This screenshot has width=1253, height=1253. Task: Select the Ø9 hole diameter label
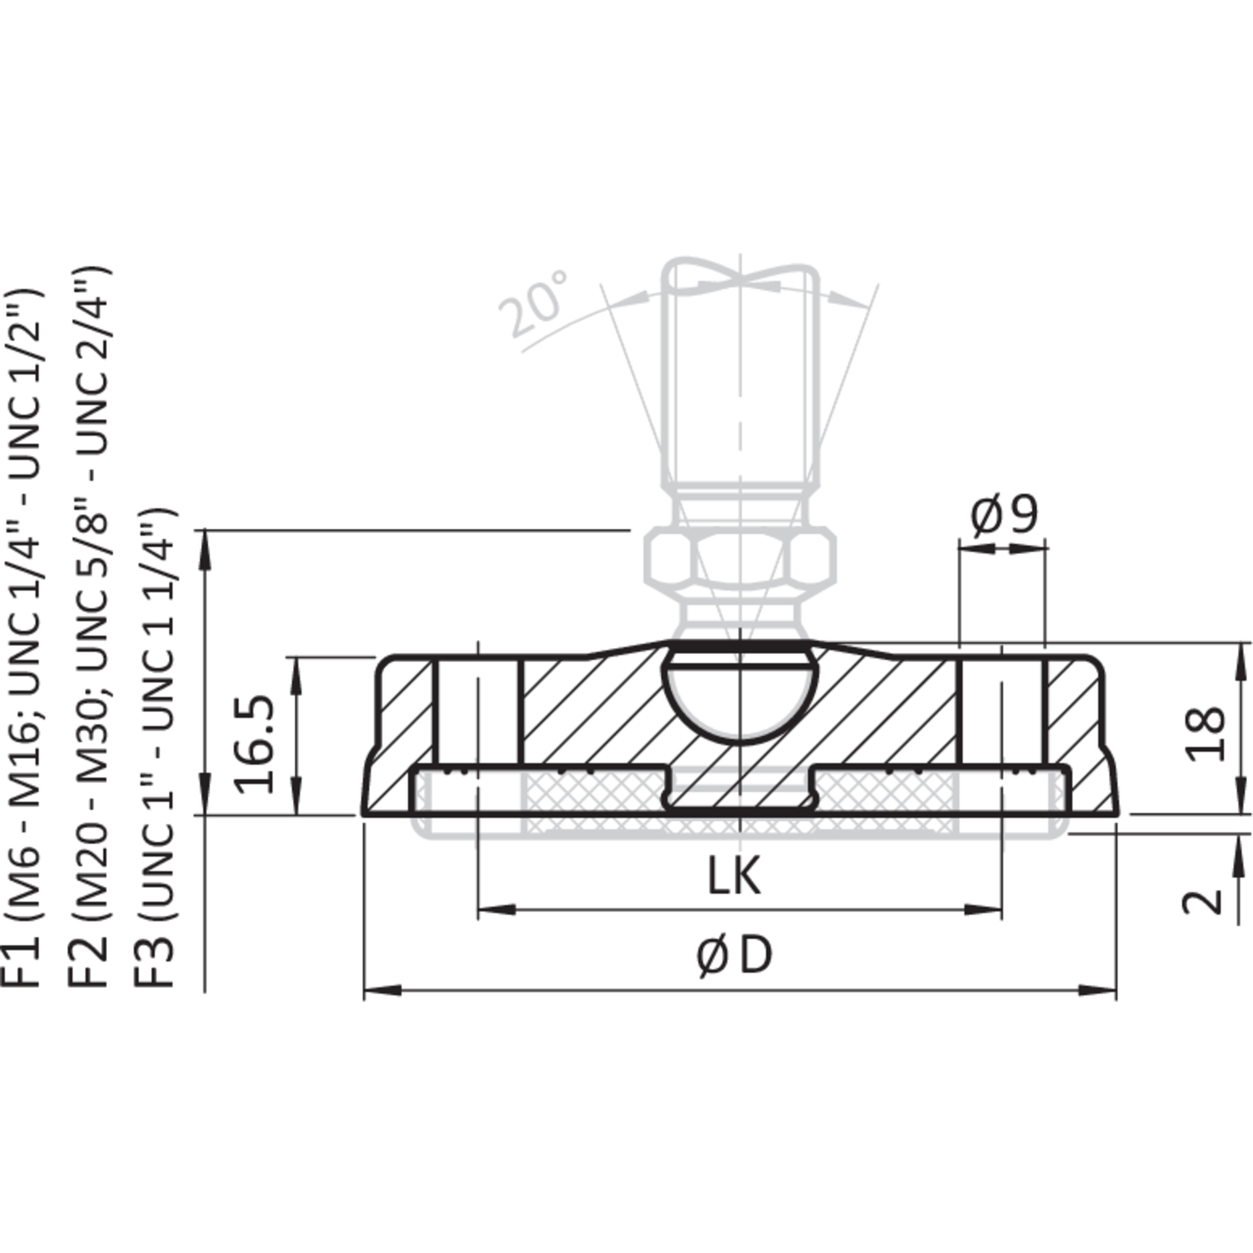1004,516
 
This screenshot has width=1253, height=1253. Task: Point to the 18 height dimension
1205,733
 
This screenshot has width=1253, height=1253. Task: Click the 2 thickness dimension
1203,901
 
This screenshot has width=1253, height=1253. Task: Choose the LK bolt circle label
734,876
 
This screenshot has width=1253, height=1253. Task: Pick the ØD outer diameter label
734,957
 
